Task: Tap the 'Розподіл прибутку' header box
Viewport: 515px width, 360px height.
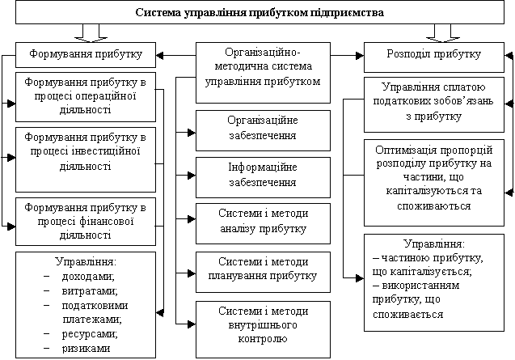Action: coord(433,55)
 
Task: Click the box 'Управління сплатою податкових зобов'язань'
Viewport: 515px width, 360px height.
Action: coord(433,103)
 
